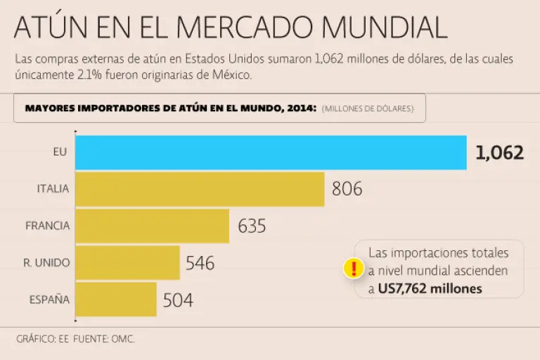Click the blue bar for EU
coord(271,153)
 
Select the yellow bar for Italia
coord(200,189)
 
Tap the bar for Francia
coord(152,226)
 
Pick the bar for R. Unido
coord(127,262)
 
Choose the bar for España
coord(115,299)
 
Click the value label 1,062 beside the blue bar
coord(499,153)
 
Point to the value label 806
coord(347,189)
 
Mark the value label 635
coord(252,226)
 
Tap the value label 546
coord(200,263)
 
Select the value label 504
coord(178,300)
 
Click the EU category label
coord(60,152)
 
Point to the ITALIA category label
coord(53,189)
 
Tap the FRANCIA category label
coord(48,226)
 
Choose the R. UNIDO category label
coord(47,262)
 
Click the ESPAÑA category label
coord(49,300)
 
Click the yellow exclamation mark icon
coord(353,269)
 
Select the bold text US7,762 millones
coord(430,288)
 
